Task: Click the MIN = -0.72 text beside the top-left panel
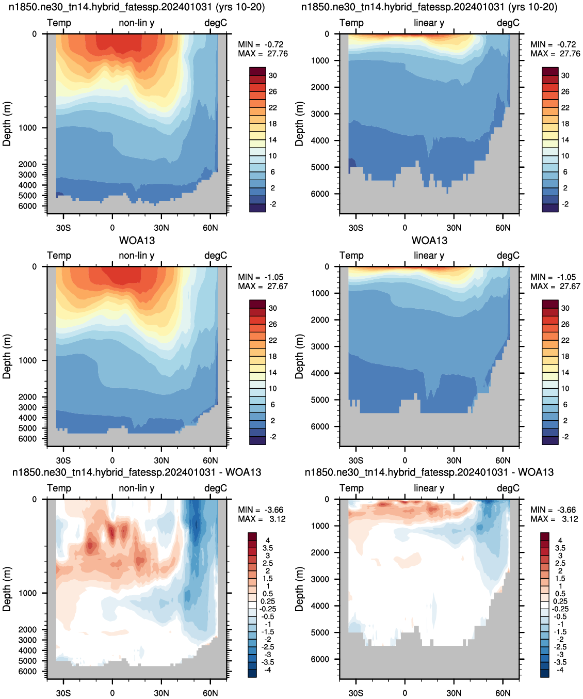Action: tap(261, 44)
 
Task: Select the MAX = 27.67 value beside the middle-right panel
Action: tap(555, 286)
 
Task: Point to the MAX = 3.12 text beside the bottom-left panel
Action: tap(262, 519)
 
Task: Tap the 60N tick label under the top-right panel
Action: tap(503, 228)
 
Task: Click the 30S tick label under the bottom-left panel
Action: tap(63, 693)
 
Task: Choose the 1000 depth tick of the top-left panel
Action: tap(28, 128)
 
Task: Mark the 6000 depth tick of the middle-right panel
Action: tap(320, 426)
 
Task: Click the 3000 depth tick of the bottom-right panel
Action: tap(320, 579)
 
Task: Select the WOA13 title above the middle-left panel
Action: tap(137, 241)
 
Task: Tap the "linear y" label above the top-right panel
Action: tap(429, 23)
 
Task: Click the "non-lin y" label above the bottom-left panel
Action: tap(137, 488)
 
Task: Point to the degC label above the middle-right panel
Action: tap(508, 256)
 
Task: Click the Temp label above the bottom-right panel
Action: tap(351, 488)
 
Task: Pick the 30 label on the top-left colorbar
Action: tap(273, 76)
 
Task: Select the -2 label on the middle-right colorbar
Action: tap(565, 437)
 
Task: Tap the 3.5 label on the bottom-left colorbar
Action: tap(268, 548)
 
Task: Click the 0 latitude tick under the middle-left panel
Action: tap(112, 460)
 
